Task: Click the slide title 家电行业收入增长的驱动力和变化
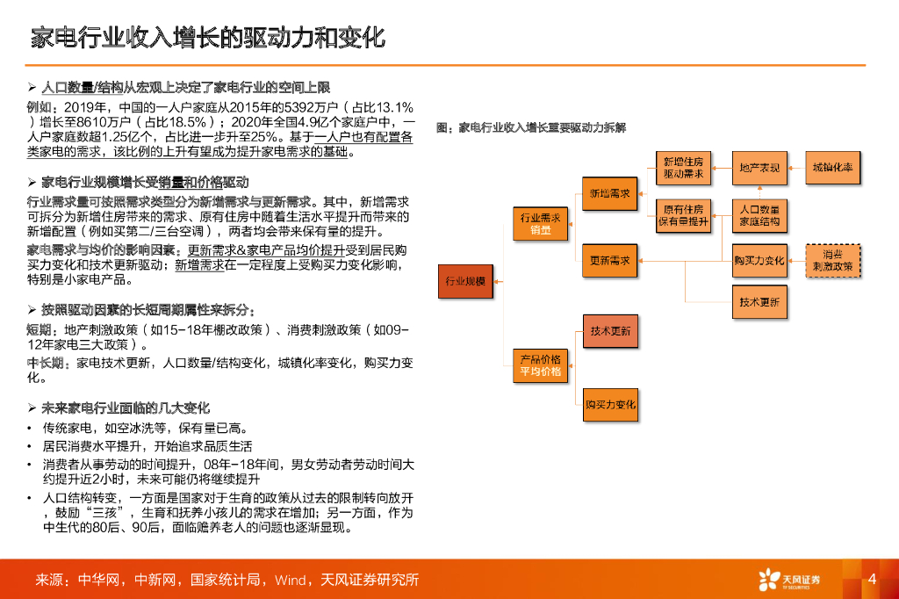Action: pos(207,39)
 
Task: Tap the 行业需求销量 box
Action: pos(540,223)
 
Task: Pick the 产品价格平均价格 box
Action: pos(540,365)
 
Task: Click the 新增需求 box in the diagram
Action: pos(609,192)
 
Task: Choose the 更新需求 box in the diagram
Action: pos(609,260)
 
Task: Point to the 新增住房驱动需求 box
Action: pos(683,168)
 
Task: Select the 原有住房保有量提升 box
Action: pos(683,215)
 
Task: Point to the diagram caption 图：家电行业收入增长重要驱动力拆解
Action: pos(531,127)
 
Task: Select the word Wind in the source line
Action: pos(289,580)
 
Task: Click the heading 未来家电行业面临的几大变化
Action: pos(126,408)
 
